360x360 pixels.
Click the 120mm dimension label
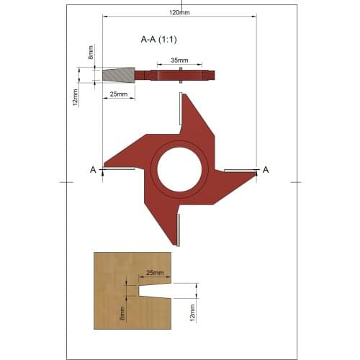tap(181, 12)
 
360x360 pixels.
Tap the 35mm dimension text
tap(181, 61)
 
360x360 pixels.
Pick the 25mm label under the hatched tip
tap(119, 94)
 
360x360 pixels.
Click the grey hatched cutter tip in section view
tap(118, 75)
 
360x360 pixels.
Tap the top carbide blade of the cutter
tap(180, 108)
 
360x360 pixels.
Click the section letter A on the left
tap(93, 169)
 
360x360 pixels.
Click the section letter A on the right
tap(266, 169)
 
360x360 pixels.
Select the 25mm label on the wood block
tap(154, 274)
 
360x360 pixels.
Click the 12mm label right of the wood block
tap(192, 312)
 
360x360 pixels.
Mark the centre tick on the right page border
tap(295, 182)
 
